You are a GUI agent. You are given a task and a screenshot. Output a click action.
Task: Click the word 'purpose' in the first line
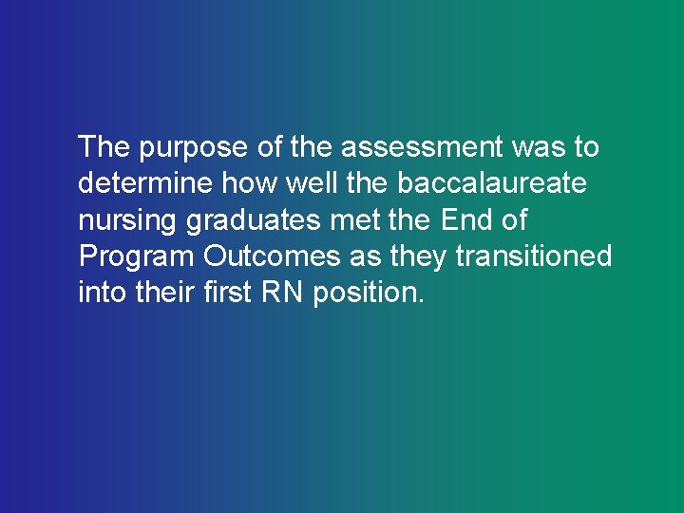coord(193,149)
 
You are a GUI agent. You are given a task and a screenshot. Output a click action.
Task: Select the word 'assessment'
coord(421,147)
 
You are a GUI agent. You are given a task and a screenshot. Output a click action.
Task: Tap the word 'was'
coord(540,147)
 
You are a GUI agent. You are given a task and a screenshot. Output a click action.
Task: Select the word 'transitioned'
coord(534,256)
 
